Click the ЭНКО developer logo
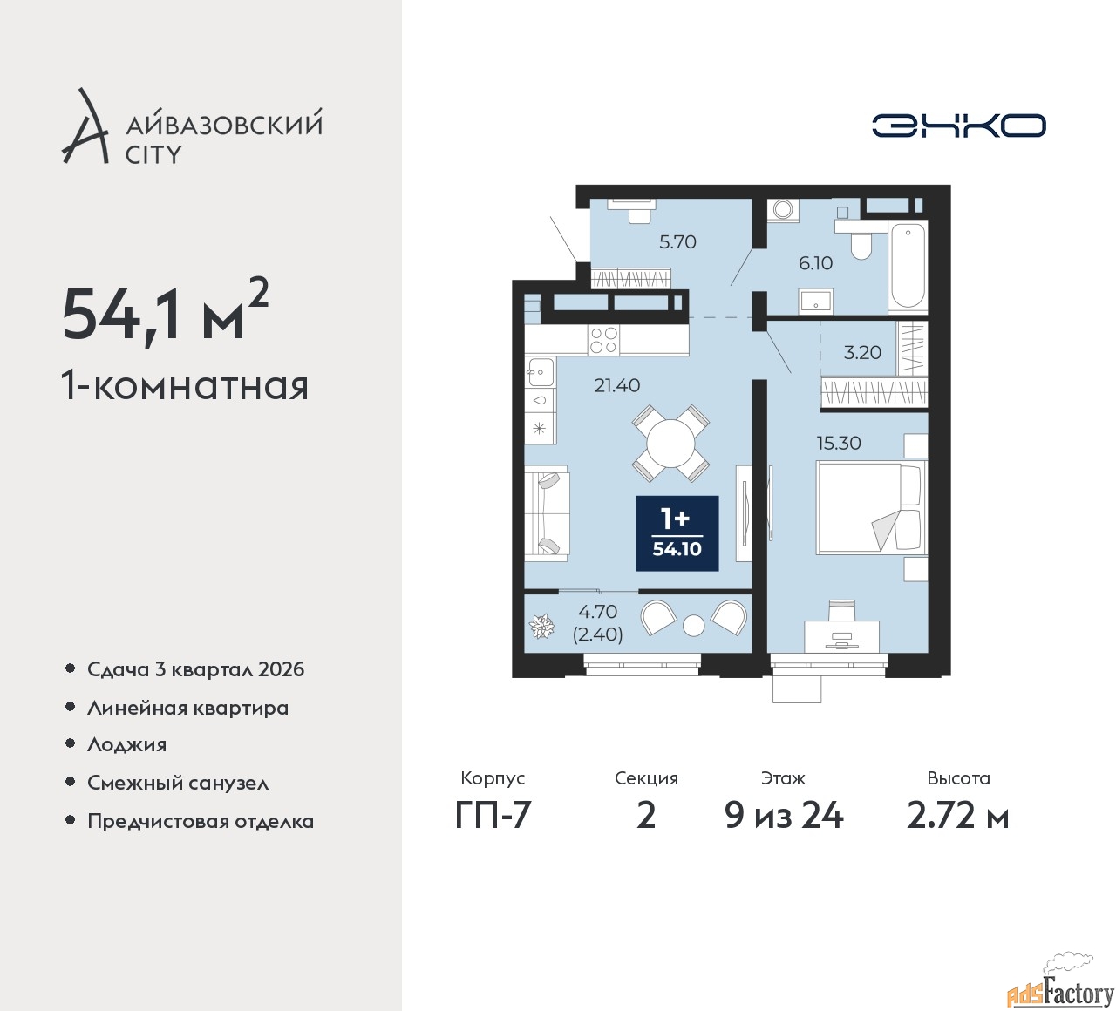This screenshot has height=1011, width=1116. tap(958, 126)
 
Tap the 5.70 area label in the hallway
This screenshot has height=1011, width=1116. tap(677, 242)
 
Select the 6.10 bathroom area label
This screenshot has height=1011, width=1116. tap(815, 263)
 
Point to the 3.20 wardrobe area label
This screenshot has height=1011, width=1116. tap(861, 352)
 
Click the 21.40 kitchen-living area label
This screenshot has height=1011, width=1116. tap(617, 385)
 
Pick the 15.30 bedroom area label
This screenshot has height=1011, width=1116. tap(839, 443)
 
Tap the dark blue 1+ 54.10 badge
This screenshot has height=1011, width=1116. tap(677, 533)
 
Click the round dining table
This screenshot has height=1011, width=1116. tap(671, 444)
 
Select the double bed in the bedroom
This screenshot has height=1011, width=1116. tap(871, 507)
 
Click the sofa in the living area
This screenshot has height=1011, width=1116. tap(547, 512)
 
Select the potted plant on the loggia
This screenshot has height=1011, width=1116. tap(541, 627)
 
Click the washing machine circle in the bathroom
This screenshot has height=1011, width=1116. tap(783, 210)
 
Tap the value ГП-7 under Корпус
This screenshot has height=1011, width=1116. tap(493, 817)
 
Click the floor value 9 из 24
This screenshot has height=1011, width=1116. tap(784, 817)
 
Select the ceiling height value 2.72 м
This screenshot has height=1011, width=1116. tap(958, 817)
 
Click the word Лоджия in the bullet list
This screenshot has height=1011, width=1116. tap(126, 744)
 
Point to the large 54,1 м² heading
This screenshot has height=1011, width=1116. tap(166, 315)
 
